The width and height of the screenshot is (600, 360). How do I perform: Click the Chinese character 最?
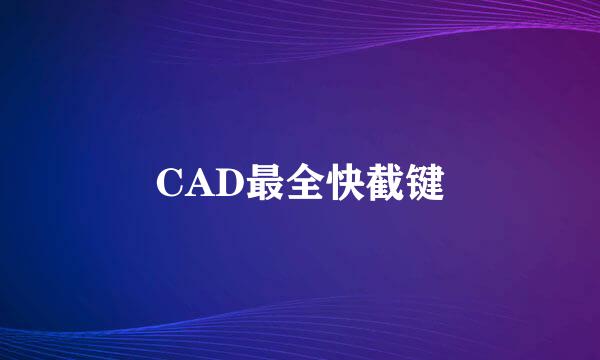click(258, 183)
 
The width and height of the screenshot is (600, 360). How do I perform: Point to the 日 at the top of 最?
click(258, 171)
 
